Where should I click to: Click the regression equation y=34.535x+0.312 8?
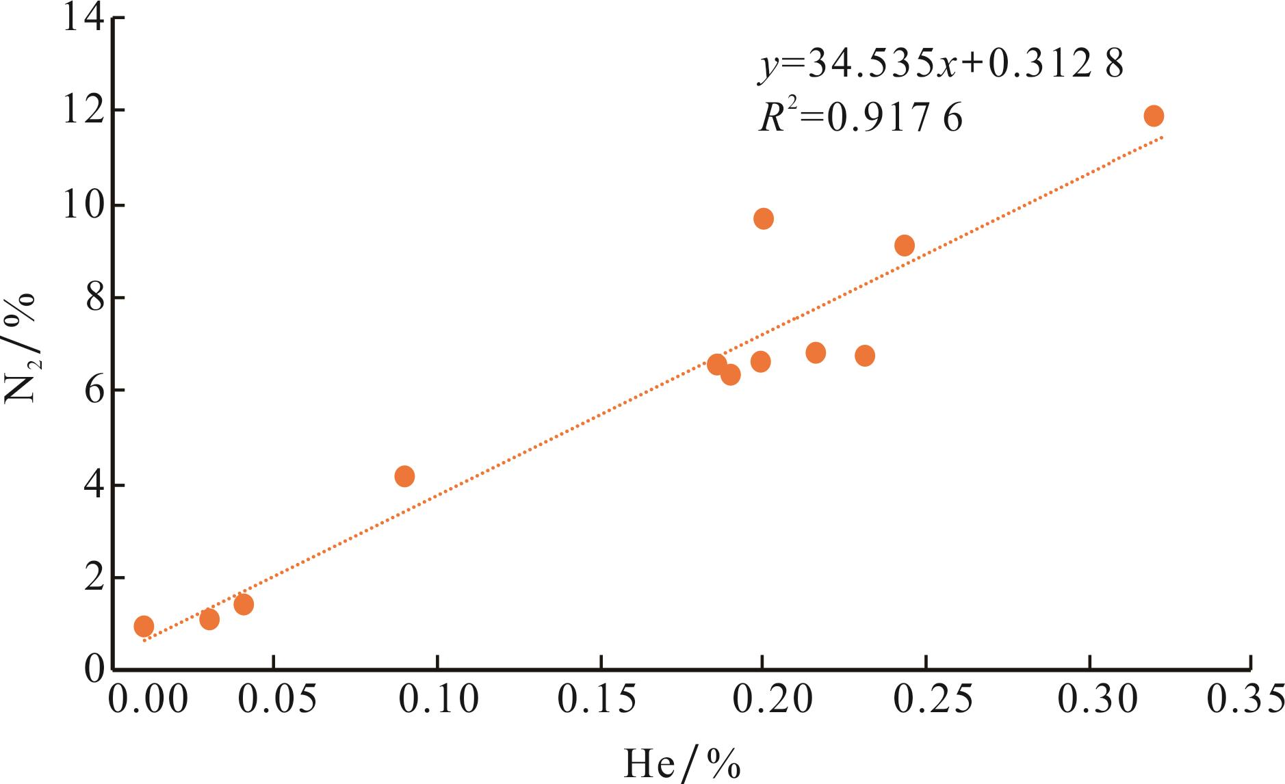coord(940,66)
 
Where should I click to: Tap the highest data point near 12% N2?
coord(1154,116)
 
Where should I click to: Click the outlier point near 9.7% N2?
coord(764,219)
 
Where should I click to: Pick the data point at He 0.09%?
coord(404,476)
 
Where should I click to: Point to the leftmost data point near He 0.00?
coord(144,625)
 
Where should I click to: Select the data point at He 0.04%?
coord(244,604)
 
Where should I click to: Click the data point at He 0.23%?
coord(865,356)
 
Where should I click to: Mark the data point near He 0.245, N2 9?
coord(905,246)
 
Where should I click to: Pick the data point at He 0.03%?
coord(209,619)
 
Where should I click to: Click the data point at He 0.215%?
coord(816,353)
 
